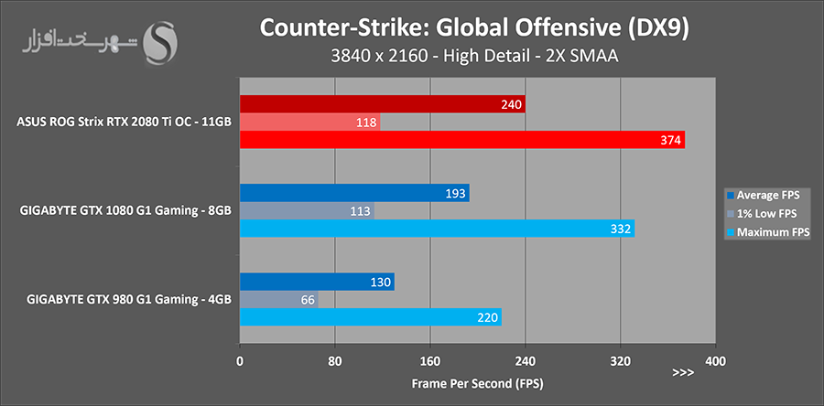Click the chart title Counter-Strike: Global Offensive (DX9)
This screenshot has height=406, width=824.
(475, 27)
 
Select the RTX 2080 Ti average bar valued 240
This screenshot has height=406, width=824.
(382, 104)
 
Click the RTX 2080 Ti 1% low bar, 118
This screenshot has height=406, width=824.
(309, 122)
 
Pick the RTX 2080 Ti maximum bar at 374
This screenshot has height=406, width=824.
(462, 140)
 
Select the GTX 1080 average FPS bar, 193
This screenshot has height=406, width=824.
(354, 193)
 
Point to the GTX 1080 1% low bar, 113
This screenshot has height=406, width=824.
(307, 210)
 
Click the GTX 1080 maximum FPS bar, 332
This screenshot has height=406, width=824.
(437, 229)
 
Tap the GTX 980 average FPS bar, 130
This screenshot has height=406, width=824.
(317, 282)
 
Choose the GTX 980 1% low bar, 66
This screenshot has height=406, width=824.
(279, 299)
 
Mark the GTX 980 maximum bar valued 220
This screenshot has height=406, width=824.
(370, 317)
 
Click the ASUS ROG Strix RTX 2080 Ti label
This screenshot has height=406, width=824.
(124, 122)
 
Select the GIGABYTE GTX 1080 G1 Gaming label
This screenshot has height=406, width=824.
(124, 210)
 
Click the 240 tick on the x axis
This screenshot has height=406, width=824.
(526, 360)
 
